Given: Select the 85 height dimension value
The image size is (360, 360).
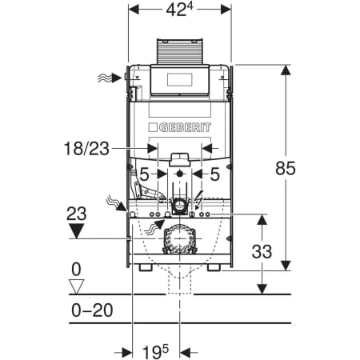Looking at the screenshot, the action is point(286,168).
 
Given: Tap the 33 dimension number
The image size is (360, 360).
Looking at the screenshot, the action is point(262,251).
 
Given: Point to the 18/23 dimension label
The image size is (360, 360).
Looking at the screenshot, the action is point(86,148).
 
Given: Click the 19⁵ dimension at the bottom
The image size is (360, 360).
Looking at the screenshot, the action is point(156,352).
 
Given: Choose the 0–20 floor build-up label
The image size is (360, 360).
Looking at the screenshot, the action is point(92,310).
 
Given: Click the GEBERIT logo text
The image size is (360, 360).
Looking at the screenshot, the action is point(180,127).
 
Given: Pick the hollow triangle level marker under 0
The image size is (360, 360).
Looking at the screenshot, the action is point(76,286).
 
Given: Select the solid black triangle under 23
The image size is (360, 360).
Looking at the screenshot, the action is point(76,231).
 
